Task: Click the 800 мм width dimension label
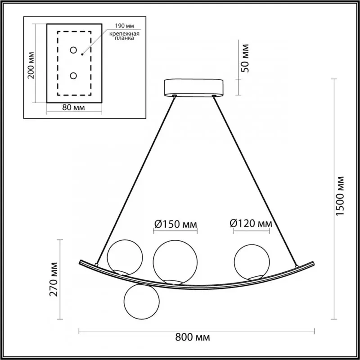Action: pyautogui.click(x=193, y=337)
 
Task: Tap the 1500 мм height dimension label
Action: pyautogui.click(x=340, y=196)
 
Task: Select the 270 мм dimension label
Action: pyautogui.click(x=54, y=279)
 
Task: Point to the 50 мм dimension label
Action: pyautogui.click(x=245, y=58)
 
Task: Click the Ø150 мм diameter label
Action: pyautogui.click(x=175, y=224)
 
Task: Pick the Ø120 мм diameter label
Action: pyautogui.click(x=251, y=223)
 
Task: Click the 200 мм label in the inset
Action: pyautogui.click(x=31, y=65)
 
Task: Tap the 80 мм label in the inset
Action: pyautogui.click(x=73, y=108)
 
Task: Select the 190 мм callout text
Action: pyautogui.click(x=125, y=26)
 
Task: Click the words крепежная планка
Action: pyautogui.click(x=124, y=36)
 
